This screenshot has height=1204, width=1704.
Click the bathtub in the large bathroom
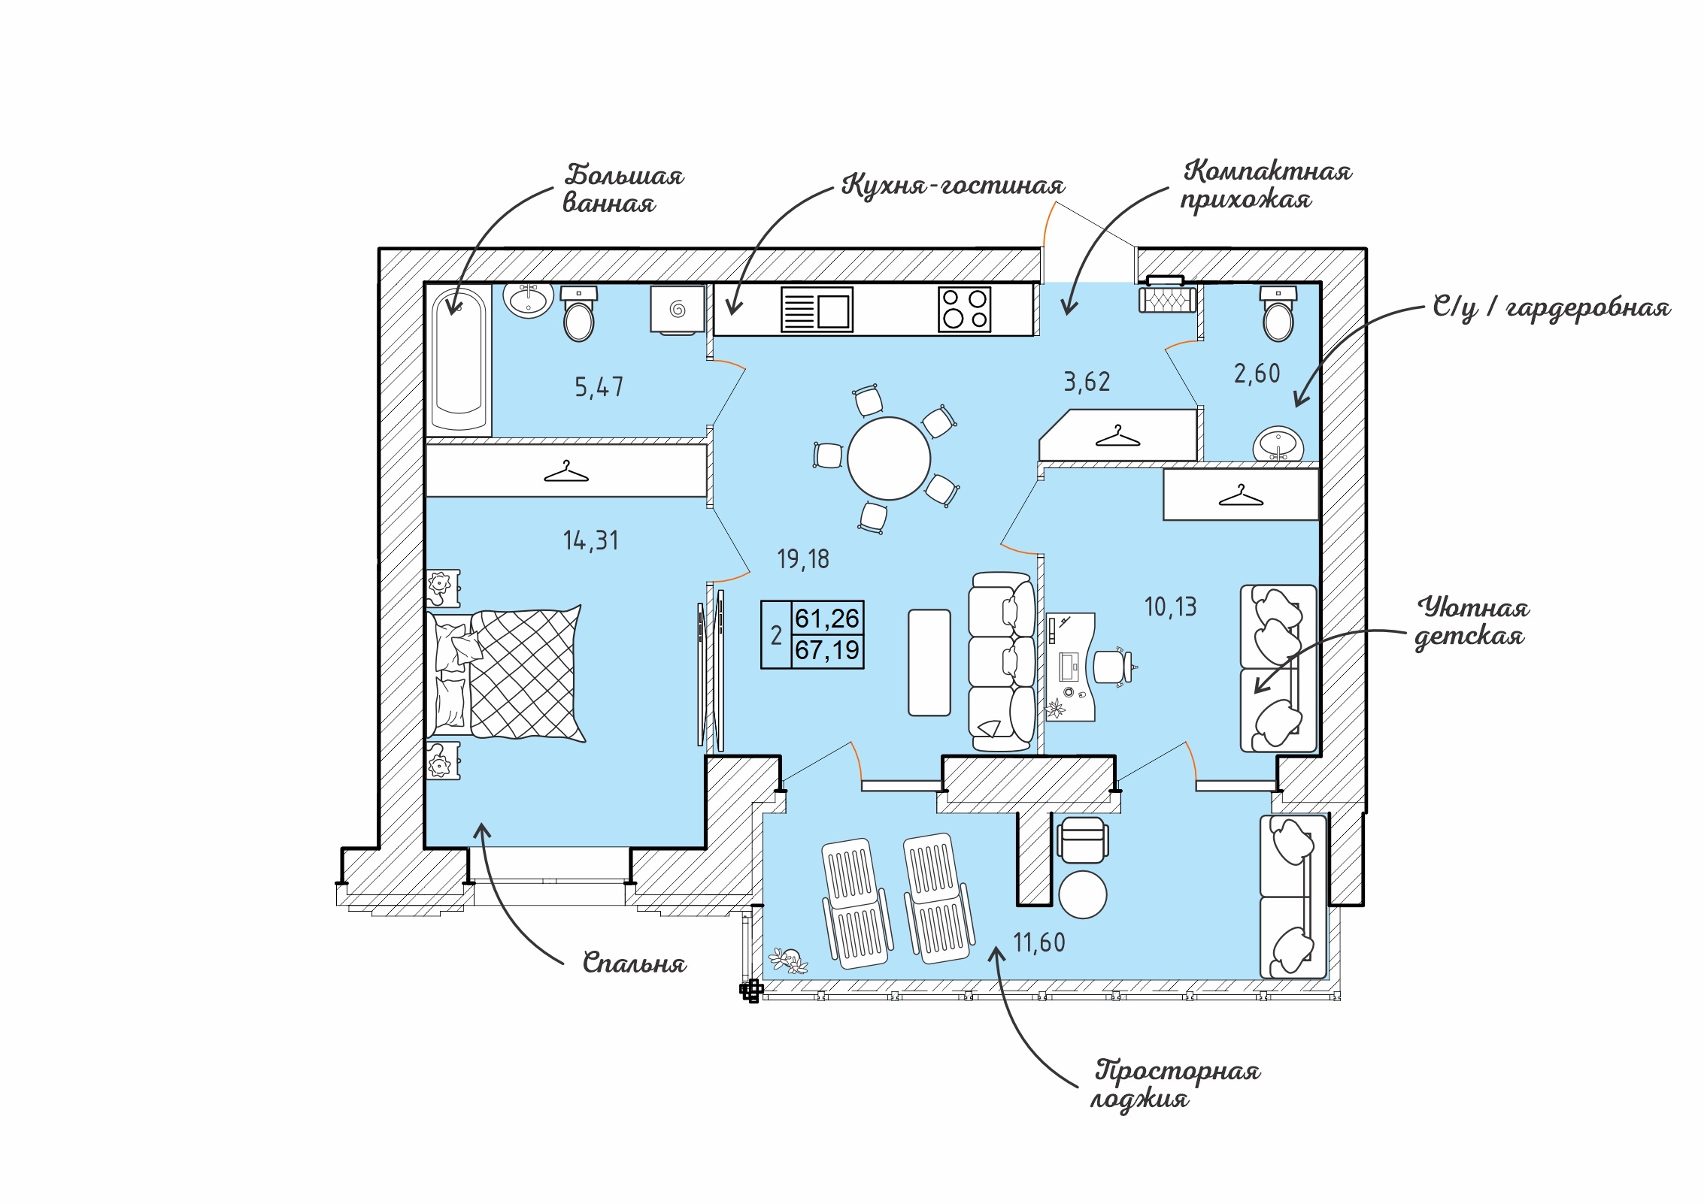click(459, 358)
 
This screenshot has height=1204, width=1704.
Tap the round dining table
click(888, 458)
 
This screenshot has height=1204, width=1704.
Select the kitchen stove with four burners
click(965, 309)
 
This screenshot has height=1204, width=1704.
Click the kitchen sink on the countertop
click(817, 309)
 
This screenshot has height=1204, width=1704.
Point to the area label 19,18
click(803, 559)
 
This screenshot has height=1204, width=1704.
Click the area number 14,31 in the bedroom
click(591, 541)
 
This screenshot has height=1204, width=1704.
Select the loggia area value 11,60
click(1039, 942)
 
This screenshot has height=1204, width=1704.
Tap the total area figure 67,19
click(827, 650)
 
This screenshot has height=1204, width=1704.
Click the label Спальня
click(634, 963)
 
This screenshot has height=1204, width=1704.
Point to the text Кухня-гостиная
click(953, 185)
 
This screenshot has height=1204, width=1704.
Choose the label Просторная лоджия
click(1175, 1084)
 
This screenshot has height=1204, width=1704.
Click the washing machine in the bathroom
click(678, 309)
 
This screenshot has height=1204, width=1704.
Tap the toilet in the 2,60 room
click(1278, 316)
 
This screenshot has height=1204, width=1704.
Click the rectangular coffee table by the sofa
click(929, 662)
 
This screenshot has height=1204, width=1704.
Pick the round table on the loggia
click(1082, 894)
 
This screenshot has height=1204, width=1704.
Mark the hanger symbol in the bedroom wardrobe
click(565, 472)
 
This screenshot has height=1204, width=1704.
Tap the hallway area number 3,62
click(1087, 382)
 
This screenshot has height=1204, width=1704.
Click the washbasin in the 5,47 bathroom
click(529, 300)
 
